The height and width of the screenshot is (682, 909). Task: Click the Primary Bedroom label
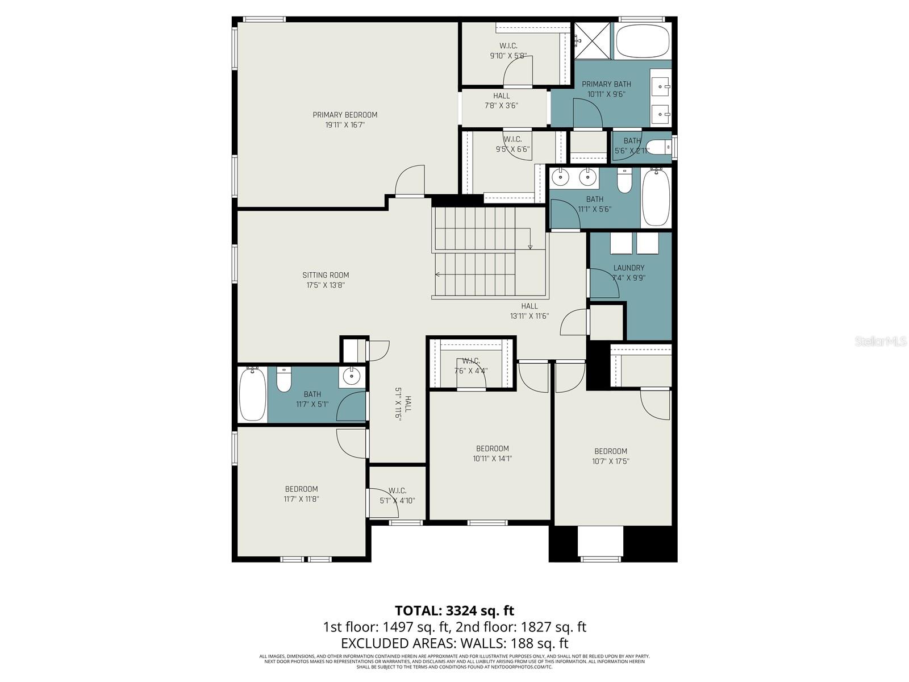(x=345, y=115)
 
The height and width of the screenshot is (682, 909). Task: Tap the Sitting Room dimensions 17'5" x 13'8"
(x=326, y=285)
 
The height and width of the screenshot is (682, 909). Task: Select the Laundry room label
(x=629, y=268)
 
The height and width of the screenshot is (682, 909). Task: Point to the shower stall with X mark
(x=593, y=40)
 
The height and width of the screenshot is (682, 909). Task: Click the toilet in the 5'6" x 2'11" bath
(x=659, y=148)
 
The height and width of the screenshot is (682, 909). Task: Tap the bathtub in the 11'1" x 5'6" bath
(x=656, y=198)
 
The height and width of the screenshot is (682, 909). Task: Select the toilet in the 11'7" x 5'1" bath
(x=284, y=379)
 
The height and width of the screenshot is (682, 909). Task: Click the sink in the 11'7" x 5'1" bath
(x=352, y=376)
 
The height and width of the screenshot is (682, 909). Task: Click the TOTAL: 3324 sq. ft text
(x=454, y=610)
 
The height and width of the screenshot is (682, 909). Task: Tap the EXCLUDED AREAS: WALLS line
(x=454, y=643)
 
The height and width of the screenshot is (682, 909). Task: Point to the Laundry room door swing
(x=604, y=283)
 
